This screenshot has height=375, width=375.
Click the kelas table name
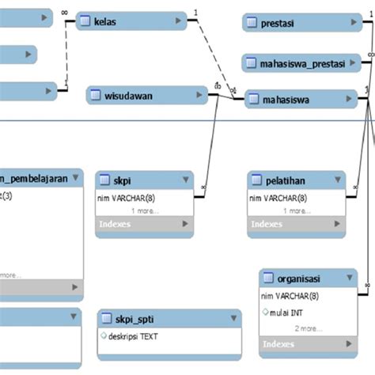pyautogui.click(x=104, y=21)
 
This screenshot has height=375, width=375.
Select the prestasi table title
pyautogui.click(x=278, y=24)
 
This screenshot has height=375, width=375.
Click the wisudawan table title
pyautogui.click(x=128, y=97)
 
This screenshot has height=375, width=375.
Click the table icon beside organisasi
pyautogui.click(x=268, y=279)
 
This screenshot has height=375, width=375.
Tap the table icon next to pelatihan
pyautogui.click(x=256, y=180)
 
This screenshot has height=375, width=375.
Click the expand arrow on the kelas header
pyautogui.click(x=177, y=21)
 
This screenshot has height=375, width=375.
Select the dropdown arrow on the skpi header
pyautogui.click(x=184, y=180)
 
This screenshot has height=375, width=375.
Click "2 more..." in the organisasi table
pyautogui.click(x=308, y=328)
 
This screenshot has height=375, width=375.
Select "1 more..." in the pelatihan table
pyautogui.click(x=296, y=211)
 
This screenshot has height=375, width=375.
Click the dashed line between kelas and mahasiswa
pyautogui.click(x=211, y=55)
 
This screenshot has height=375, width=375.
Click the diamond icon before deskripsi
pyautogui.click(x=104, y=335)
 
